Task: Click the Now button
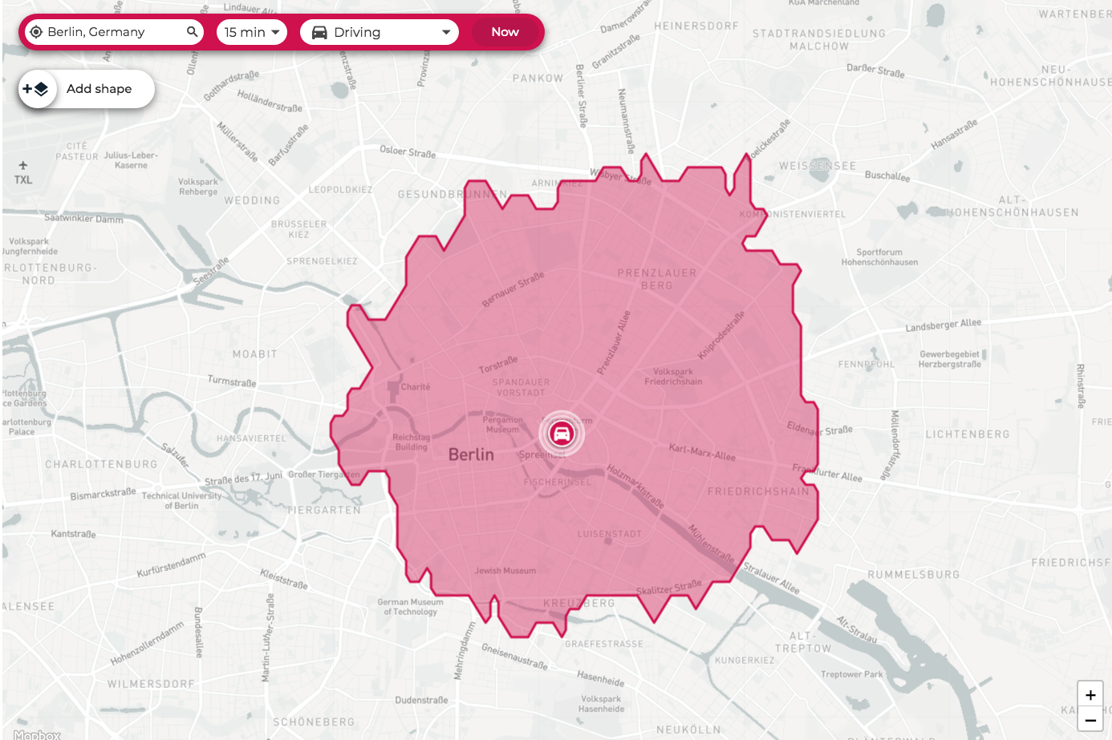point(505,32)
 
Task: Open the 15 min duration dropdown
point(252,32)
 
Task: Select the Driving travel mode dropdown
point(379,32)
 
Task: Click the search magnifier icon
point(192,32)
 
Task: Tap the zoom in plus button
point(1090,695)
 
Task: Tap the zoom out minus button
point(1090,720)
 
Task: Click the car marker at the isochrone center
point(562,434)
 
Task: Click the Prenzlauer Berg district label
point(656,279)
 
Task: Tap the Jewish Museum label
point(505,571)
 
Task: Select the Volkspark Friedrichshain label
point(673,377)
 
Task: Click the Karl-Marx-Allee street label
point(702,453)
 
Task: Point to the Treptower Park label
point(851,674)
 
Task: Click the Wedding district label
point(252,200)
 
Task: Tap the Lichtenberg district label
point(968,435)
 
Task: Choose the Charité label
point(415,386)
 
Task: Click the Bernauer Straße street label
point(513,289)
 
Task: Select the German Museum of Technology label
point(410,607)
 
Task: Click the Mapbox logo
point(37,734)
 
